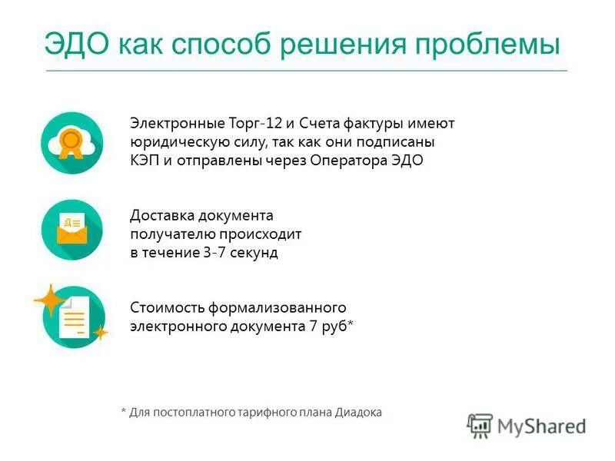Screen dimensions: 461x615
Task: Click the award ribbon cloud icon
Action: click(71, 143)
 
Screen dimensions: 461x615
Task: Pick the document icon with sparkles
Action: click(73, 316)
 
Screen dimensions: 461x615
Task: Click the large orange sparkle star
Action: click(49, 300)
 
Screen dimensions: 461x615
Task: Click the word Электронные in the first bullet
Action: click(177, 124)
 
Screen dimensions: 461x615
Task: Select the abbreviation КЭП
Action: click(145, 161)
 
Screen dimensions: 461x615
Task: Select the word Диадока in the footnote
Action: click(358, 412)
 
